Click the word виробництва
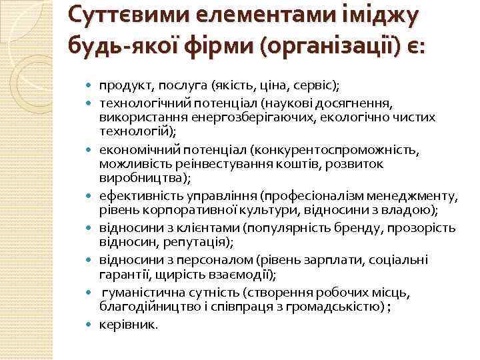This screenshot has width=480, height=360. (143, 178)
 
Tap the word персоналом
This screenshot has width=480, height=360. (207, 259)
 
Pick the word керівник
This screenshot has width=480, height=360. (129, 325)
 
